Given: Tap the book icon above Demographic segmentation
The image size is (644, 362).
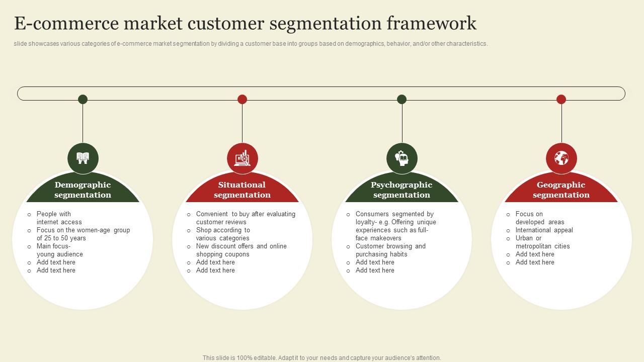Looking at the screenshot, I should (83, 158).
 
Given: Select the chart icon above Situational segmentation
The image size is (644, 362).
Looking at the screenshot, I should (242, 158).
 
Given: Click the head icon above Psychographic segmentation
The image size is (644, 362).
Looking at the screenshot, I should (401, 158).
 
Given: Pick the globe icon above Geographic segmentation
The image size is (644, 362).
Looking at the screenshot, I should (561, 158).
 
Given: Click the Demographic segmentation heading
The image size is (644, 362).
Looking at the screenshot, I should (83, 190).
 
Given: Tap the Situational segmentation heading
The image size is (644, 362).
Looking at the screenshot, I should (242, 190).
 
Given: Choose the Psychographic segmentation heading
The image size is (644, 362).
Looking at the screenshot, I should (401, 190).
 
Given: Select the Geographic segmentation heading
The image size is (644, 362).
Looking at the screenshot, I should (561, 190).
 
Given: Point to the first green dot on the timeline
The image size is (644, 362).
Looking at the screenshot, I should (83, 99).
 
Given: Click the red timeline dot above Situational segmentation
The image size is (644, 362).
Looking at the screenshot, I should (242, 99).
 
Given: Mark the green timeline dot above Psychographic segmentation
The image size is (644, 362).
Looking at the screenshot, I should (401, 99).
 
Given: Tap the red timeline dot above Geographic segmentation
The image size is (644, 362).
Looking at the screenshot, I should (561, 99).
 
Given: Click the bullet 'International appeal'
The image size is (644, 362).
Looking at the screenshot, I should (544, 230).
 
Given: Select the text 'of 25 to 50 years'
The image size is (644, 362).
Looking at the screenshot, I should (61, 238).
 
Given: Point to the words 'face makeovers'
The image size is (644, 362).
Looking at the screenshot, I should (378, 238).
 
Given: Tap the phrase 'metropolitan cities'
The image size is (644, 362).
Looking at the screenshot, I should (542, 246).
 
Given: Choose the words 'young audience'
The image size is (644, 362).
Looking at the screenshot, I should (59, 254).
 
